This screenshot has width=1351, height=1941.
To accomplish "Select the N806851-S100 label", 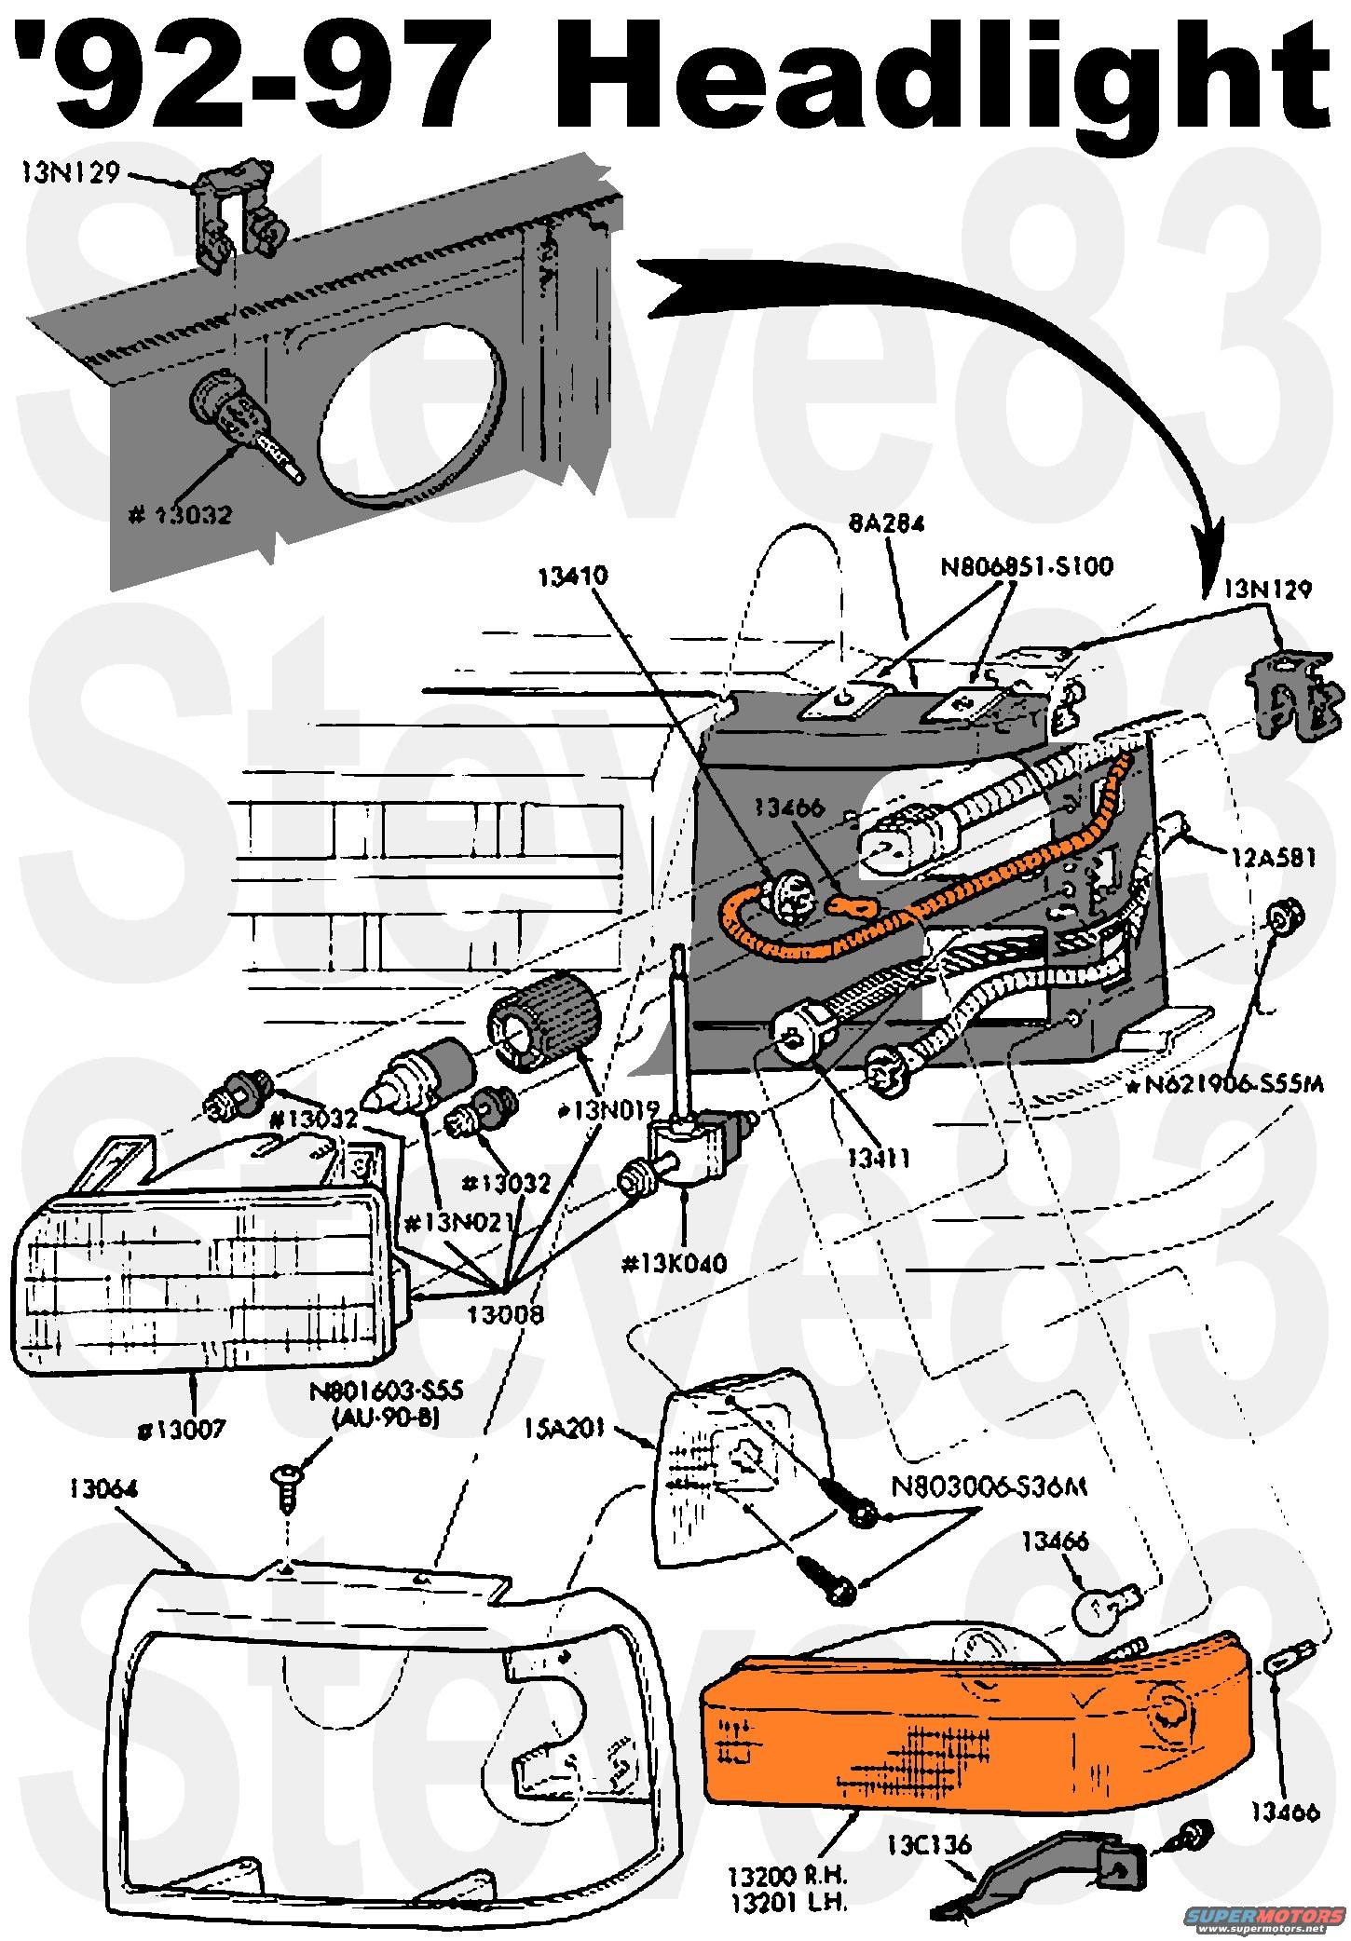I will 1026,566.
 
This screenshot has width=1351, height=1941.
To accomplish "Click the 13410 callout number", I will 572,576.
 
